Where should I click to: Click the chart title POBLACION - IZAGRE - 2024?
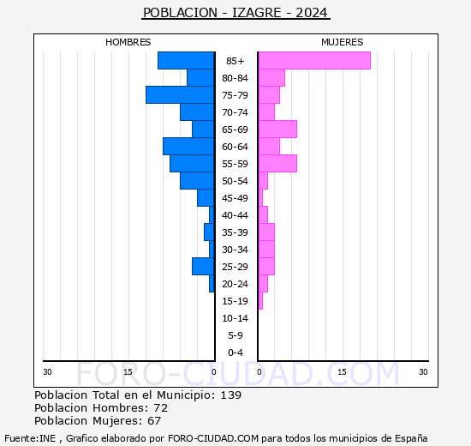point(235,13)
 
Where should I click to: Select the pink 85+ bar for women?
point(314,61)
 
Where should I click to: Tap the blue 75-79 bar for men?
point(180,95)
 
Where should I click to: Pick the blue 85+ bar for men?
point(186,61)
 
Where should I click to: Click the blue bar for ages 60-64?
point(188,147)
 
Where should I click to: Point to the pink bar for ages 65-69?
point(277,130)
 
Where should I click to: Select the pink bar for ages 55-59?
point(277,164)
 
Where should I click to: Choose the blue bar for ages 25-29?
point(203,267)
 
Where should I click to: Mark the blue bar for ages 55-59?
point(192,164)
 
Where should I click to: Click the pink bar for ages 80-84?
point(271,78)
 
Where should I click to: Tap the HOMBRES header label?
point(128,42)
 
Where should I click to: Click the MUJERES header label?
point(342,42)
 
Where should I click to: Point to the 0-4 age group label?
point(235,353)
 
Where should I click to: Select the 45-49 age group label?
point(235,198)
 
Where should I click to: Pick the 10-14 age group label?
point(235,318)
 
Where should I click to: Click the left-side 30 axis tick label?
point(48,371)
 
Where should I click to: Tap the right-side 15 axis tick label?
point(342,371)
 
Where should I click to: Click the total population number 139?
point(230,395)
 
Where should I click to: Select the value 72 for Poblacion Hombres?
point(160,408)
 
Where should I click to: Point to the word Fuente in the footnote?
point(20,437)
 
